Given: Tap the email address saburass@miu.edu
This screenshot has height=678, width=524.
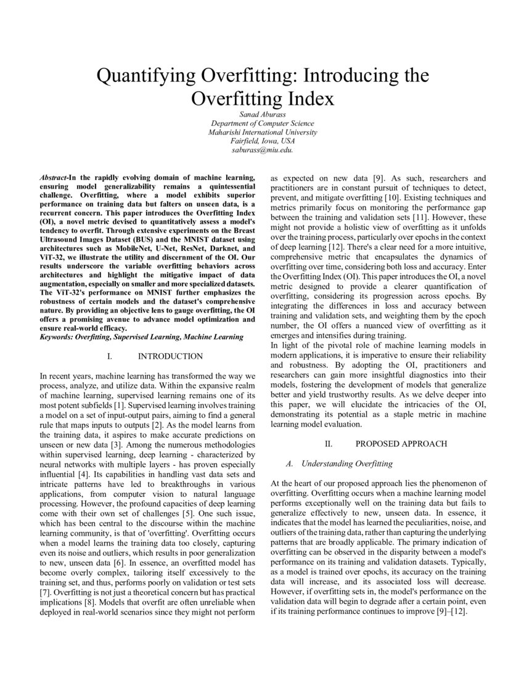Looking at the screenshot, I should pyautogui.click(x=262, y=149).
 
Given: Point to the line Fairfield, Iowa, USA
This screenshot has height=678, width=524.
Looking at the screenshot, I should pyautogui.click(x=262, y=141).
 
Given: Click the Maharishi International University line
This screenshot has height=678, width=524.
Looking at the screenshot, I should pyautogui.click(x=262, y=132).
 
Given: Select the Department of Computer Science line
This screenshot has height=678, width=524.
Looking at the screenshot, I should pyautogui.click(x=262, y=123).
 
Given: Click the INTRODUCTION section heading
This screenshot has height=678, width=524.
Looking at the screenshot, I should pyautogui.click(x=170, y=356).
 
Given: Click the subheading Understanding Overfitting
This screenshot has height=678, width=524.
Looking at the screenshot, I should pyautogui.click(x=347, y=463).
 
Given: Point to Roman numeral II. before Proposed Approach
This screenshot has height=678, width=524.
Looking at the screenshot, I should pyautogui.click(x=329, y=443).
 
